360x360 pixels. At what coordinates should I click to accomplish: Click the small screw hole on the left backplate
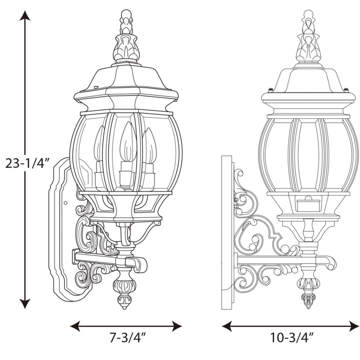pyautogui.click(x=65, y=203)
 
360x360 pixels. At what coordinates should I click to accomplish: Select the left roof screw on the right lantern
pyautogui.click(x=271, y=89)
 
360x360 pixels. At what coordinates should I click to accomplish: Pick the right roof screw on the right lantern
pyautogui.click(x=347, y=89)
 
